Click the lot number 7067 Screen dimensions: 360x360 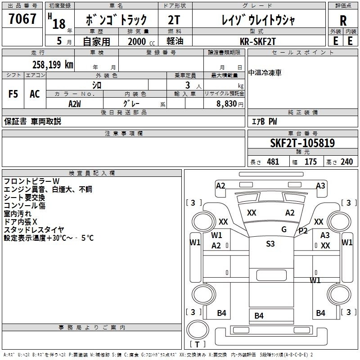point(22,18)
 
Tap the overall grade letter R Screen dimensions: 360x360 point(343,21)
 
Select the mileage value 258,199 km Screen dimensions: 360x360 point(53,65)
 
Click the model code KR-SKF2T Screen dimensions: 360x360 point(257,41)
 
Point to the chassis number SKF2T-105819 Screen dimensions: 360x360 point(302,143)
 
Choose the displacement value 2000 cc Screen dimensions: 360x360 point(141,41)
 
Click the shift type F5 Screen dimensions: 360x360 point(13,94)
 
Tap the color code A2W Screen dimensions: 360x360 point(75,104)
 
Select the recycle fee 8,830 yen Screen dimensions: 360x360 point(230,104)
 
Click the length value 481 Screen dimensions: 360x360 point(273,162)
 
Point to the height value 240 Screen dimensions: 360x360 point(346,162)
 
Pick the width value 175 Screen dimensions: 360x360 point(310,162)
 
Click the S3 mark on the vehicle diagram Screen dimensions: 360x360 point(270,243)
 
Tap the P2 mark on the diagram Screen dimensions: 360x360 point(303,231)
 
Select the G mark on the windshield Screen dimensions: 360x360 point(284,229)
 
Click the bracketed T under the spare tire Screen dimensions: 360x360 point(197,344)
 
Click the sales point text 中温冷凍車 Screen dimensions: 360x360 point(265,73)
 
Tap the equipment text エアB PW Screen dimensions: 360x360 point(265,121)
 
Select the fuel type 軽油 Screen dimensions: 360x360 point(175,41)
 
